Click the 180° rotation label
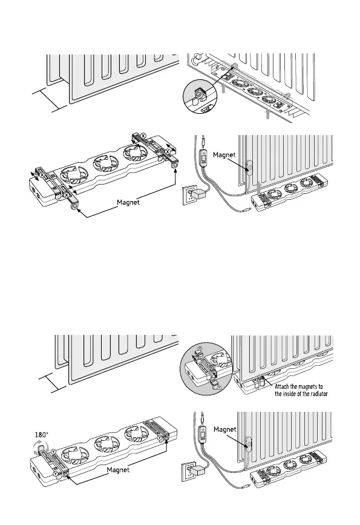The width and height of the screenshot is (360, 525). pyautogui.click(x=42, y=435)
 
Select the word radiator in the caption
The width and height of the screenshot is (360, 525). pyautogui.click(x=318, y=394)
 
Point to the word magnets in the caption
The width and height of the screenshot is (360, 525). pyautogui.click(x=307, y=387)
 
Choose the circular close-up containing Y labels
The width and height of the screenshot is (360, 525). pyautogui.click(x=206, y=369)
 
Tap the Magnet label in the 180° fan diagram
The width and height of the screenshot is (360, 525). pyautogui.click(x=118, y=470)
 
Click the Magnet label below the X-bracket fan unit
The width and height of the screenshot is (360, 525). pyautogui.click(x=128, y=202)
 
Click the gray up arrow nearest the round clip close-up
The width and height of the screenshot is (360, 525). pyautogui.click(x=223, y=88)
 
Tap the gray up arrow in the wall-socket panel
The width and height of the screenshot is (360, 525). pyautogui.click(x=259, y=188)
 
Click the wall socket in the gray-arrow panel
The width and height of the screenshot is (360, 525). pyautogui.click(x=188, y=196)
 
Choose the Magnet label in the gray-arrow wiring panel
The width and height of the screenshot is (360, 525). pyautogui.click(x=224, y=154)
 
